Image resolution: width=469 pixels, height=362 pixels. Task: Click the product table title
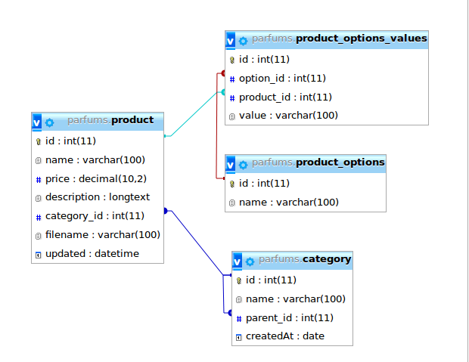(110, 120)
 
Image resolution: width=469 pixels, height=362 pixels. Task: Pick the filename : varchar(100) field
(102, 235)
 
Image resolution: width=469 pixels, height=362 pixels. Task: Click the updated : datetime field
(92, 254)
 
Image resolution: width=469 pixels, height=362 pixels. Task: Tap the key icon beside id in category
(239, 281)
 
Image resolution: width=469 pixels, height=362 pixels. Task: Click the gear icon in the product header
(50, 121)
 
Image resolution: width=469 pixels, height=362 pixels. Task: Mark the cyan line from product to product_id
(195, 114)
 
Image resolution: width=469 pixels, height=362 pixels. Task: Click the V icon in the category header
(238, 261)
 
